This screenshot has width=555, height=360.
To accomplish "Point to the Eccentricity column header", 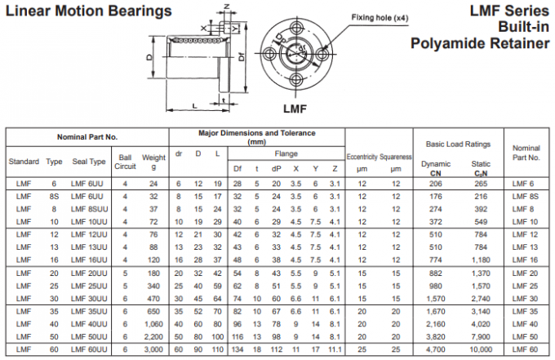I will (362, 157).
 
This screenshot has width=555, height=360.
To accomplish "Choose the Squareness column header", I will (396, 157).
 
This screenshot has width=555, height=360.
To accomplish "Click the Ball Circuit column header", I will (125, 162).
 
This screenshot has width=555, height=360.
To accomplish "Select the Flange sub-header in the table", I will (286, 153).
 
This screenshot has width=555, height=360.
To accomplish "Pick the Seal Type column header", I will (89, 162).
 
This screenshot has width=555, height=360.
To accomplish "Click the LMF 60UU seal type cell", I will (89, 349).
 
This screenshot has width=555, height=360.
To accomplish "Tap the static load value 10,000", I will (481, 349).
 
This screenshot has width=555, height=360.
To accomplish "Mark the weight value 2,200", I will (154, 336).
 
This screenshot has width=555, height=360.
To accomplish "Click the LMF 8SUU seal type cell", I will (89, 208).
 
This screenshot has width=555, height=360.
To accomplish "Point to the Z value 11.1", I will (334, 349).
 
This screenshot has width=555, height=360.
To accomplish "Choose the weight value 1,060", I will (154, 323).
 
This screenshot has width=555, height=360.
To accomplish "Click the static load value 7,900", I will (482, 336).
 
